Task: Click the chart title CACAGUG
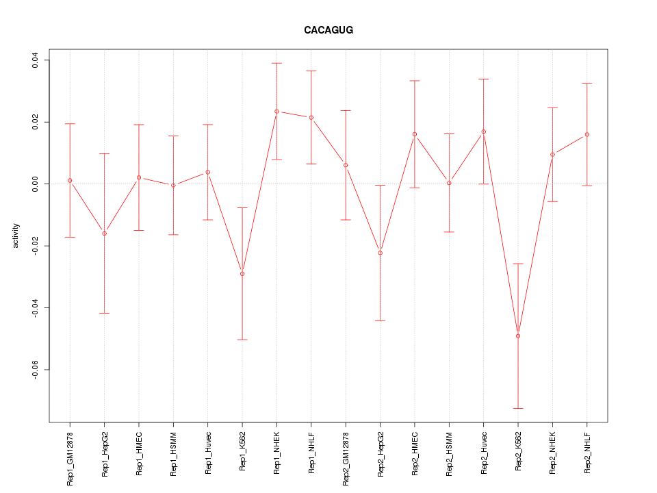coord(328,30)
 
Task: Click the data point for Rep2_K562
coord(518,336)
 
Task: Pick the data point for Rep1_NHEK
coord(276,111)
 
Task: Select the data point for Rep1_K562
coord(242,274)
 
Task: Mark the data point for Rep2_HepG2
coord(380,253)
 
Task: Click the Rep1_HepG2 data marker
coord(104,233)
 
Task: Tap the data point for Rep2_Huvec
coord(483,131)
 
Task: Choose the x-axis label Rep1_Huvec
coord(208,453)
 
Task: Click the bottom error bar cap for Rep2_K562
coord(518,408)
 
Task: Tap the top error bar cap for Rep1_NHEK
coord(276,63)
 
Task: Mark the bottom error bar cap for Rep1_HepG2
coord(104,313)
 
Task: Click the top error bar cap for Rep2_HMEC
coord(415,81)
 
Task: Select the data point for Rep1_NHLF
coord(311,118)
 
